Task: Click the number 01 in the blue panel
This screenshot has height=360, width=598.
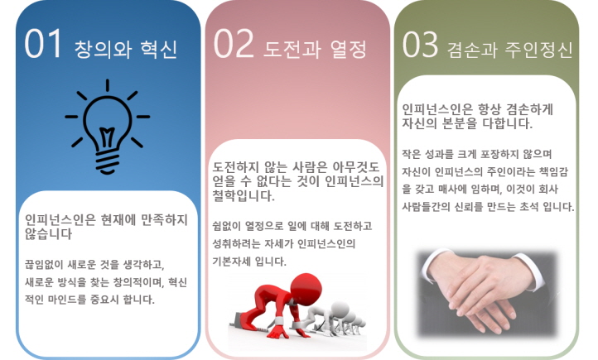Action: point(43,43)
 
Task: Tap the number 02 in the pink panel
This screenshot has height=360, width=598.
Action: point(234,43)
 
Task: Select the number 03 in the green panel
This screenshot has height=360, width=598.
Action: point(420,45)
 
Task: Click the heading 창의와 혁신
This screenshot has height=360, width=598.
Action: point(125,49)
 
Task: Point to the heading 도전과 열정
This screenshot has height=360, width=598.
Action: point(315,49)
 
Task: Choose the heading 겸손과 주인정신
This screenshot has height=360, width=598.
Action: point(510,50)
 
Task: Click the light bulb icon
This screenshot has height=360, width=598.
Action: point(107,127)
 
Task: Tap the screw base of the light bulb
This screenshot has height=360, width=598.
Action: point(107,163)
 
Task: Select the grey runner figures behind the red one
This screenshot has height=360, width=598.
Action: point(336,318)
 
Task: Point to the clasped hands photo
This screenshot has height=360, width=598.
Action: point(487,293)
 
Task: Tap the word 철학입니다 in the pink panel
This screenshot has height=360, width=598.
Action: point(244,196)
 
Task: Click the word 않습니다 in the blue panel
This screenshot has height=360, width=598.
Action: point(48,234)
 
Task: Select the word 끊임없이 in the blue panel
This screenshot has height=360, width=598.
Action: point(44,264)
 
